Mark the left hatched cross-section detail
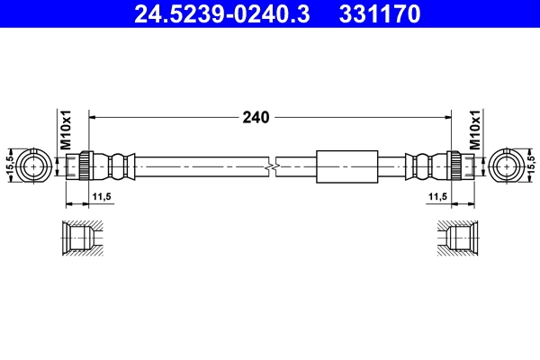[82, 239]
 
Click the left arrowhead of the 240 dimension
[94, 117]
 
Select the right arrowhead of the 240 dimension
[446, 117]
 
